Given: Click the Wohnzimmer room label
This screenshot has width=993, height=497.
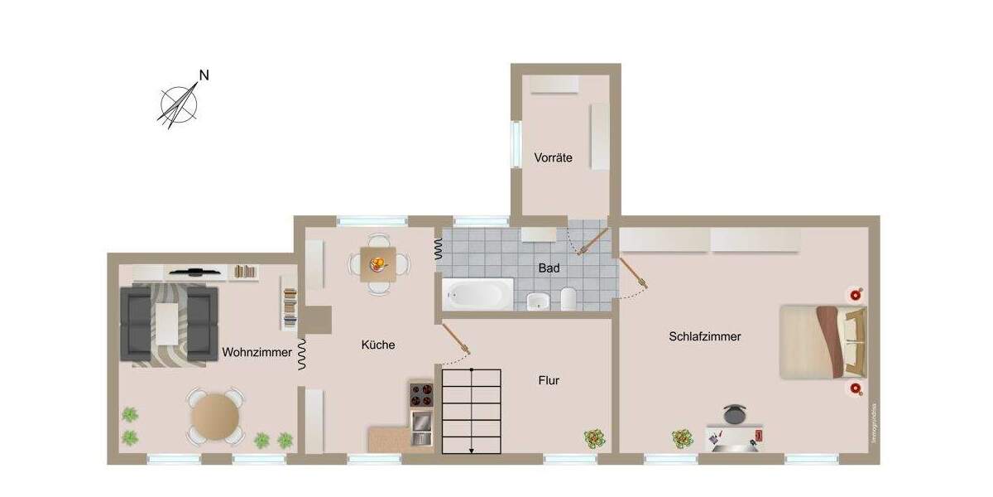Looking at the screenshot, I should (257, 352).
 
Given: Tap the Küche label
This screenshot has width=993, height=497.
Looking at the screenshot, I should (377, 345).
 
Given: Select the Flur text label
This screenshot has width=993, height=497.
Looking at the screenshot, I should (549, 380).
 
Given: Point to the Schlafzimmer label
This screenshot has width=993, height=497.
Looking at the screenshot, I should (705, 336).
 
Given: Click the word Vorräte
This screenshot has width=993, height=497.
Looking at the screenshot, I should (553, 157).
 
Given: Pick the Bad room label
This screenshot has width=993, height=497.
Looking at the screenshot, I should (549, 268).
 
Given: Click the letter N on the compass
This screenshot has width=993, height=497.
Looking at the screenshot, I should (204, 75).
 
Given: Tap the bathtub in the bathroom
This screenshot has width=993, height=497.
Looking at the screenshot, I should (477, 293).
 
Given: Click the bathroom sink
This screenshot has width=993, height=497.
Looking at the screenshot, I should (537, 300).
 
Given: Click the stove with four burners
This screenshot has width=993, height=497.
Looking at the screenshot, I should (420, 393).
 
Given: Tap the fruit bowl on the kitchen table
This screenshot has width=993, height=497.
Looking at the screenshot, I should (378, 264).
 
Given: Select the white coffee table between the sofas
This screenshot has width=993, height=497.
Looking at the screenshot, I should (168, 324).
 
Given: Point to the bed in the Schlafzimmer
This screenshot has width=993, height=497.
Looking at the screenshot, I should (822, 341).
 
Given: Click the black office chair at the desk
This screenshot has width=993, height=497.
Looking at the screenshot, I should (734, 413).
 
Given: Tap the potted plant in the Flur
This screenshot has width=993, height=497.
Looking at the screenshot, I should (594, 437).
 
